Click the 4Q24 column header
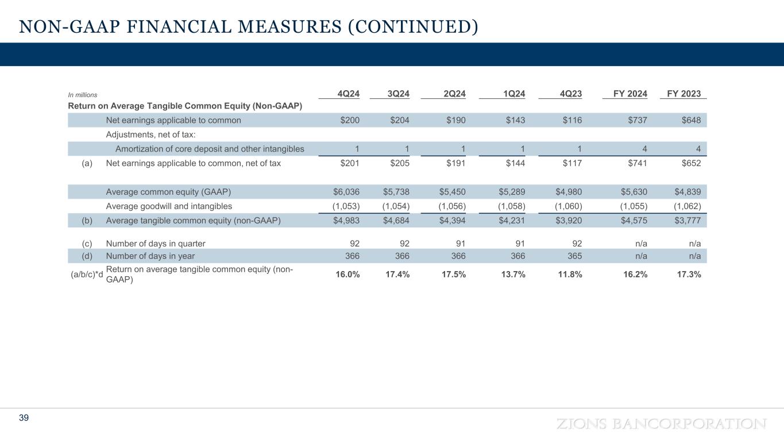tap(347, 94)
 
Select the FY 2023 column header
tap(683, 94)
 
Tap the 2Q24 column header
tap(454, 94)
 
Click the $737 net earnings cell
tap(636, 121)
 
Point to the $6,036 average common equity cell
tap(346, 192)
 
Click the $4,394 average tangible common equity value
tap(452, 220)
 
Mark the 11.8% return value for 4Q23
tap(570, 274)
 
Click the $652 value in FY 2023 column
tap(689, 163)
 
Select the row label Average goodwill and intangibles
tap(169, 206)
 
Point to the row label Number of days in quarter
tap(156, 243)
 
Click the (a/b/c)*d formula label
tap(87, 274)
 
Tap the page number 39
tap(24, 418)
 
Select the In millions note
tap(83, 95)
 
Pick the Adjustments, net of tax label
tap(151, 135)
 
